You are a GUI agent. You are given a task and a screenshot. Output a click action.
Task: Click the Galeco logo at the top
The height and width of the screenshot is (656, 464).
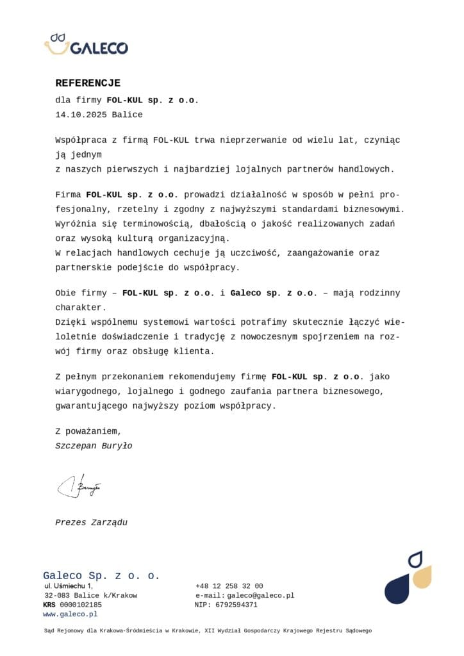(x=86, y=44)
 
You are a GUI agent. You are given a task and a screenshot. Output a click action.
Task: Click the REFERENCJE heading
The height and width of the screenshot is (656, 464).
(x=88, y=83)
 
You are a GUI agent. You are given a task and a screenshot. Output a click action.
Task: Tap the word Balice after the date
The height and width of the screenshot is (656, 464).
(x=127, y=115)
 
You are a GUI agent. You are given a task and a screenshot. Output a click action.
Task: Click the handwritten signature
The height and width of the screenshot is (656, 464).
(x=79, y=487)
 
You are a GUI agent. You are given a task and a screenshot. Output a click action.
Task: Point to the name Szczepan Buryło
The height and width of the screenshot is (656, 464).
(x=94, y=445)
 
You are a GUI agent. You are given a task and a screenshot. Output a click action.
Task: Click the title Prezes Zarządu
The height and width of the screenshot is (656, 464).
(x=91, y=522)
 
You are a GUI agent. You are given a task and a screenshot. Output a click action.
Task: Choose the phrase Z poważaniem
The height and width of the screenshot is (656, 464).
(x=88, y=431)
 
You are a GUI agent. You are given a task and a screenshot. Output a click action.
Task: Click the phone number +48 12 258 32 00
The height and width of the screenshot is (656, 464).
(x=229, y=586)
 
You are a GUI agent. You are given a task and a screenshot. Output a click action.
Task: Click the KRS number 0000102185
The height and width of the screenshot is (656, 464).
(x=80, y=604)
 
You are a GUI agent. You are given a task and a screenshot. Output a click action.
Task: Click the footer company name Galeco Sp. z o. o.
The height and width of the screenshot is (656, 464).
(x=101, y=575)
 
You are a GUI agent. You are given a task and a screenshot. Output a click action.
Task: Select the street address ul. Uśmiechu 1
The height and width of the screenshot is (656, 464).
(x=69, y=586)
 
